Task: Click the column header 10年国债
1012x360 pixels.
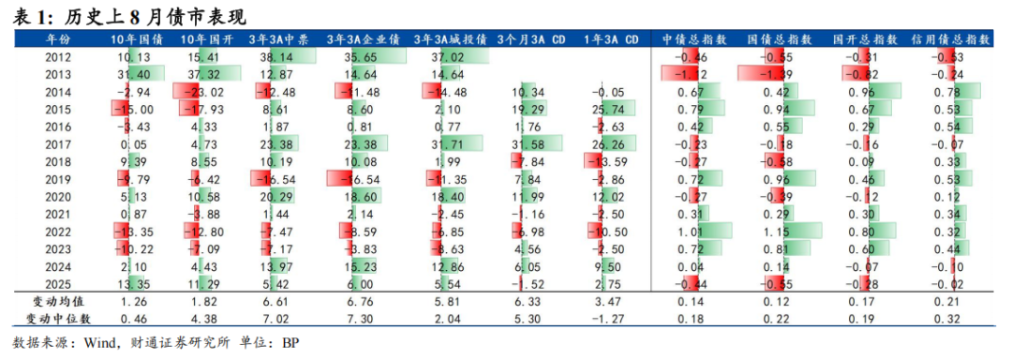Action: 136,40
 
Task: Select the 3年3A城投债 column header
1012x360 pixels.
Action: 449,40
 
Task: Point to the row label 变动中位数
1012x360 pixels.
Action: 58,319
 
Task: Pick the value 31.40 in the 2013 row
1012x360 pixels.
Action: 134,73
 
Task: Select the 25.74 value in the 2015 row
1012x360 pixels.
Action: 610,109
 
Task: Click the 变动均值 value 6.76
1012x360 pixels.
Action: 363,301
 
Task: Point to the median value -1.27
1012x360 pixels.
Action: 610,319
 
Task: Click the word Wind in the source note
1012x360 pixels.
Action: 97,341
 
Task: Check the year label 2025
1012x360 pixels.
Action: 58,284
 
